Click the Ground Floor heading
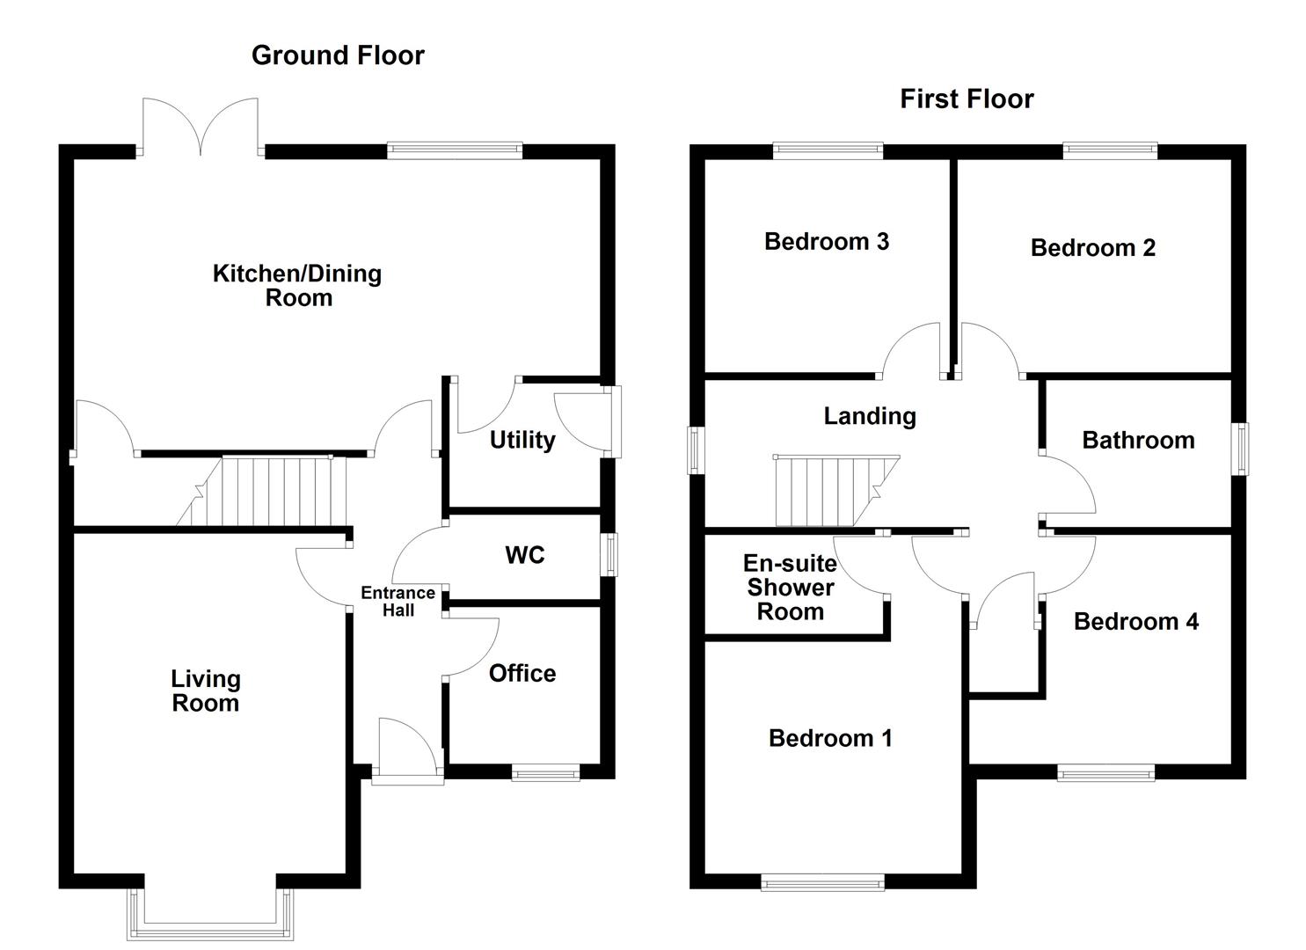pyautogui.click(x=338, y=55)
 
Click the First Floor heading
pyautogui.click(x=967, y=99)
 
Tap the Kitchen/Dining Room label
pyautogui.click(x=297, y=285)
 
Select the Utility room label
pyautogui.click(x=522, y=440)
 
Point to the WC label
pyautogui.click(x=525, y=555)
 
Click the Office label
pyautogui.click(x=522, y=674)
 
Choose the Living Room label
pyautogui.click(x=206, y=691)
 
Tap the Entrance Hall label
pyautogui.click(x=398, y=602)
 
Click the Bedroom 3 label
pyautogui.click(x=826, y=241)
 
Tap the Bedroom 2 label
pyautogui.click(x=1092, y=248)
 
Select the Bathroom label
pyautogui.click(x=1138, y=440)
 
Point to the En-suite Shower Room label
pyautogui.click(x=790, y=588)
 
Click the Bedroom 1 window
pyautogui.click(x=822, y=882)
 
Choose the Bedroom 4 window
pyautogui.click(x=1105, y=772)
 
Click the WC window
pyautogui.click(x=609, y=555)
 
